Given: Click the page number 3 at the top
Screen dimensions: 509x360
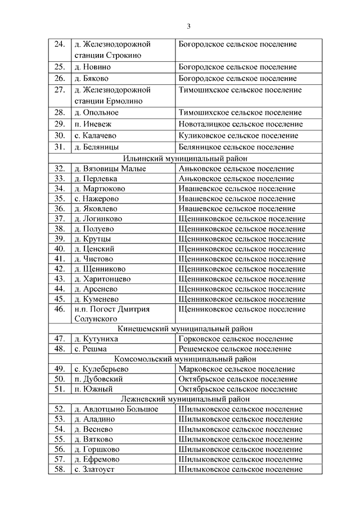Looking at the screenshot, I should pyautogui.click(x=189, y=26).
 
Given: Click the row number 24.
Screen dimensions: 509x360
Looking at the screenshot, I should pyautogui.click(x=60, y=44).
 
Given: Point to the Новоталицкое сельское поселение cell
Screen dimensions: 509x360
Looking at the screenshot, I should pyautogui.click(x=240, y=124).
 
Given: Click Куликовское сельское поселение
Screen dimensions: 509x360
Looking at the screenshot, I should pyautogui.click(x=238, y=136).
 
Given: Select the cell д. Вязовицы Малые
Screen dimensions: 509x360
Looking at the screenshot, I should pyautogui.click(x=110, y=168).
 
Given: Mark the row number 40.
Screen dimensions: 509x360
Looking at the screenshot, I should pyautogui.click(x=60, y=249).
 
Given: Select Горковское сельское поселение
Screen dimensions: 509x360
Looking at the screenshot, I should pyautogui.click(x=235, y=339).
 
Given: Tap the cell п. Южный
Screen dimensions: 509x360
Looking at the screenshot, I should pyautogui.click(x=93, y=389).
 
